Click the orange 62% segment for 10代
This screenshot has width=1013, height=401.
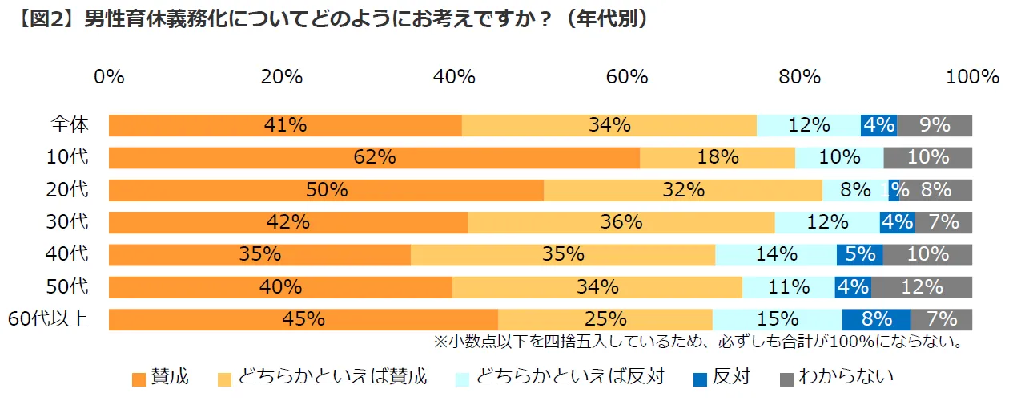point(374,158)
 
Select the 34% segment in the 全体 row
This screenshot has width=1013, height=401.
point(609,125)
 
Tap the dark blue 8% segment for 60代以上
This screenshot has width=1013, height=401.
point(876,319)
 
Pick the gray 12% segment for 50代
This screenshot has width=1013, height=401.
point(921,287)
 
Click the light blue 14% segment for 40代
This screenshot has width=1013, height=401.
point(775,254)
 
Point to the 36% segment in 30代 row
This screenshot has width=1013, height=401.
point(621,222)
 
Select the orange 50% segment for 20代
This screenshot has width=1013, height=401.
point(326,190)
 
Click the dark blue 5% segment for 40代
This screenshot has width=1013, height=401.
point(859,254)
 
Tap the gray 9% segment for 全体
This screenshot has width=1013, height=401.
point(935,125)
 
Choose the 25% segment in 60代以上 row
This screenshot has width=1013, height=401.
point(605,319)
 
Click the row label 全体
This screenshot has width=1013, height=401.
point(69,125)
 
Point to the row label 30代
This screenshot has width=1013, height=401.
point(69,222)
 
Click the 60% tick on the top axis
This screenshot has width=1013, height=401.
point(627,77)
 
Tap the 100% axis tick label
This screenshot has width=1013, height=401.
point(972,77)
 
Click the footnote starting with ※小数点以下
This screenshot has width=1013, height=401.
point(697,342)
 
